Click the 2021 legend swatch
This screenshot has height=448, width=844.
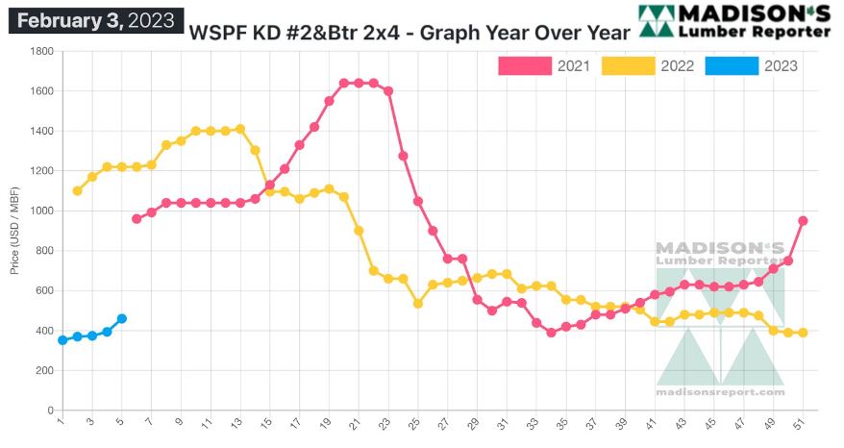525,66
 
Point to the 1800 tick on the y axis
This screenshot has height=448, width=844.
40,51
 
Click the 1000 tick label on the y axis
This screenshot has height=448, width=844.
40,211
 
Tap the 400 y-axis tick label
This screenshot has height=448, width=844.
43,331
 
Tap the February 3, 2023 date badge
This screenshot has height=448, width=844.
95,19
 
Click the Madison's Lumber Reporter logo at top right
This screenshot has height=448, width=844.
734,20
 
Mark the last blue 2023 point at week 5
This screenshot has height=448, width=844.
121,318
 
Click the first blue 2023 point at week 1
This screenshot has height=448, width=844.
62,339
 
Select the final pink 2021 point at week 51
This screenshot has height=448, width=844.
803,220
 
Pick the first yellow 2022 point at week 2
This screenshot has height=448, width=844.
77,190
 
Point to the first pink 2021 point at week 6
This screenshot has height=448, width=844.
137,218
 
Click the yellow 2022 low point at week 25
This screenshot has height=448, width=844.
418,303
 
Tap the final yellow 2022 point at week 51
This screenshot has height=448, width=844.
803,333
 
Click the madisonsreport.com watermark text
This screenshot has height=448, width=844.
720,391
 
